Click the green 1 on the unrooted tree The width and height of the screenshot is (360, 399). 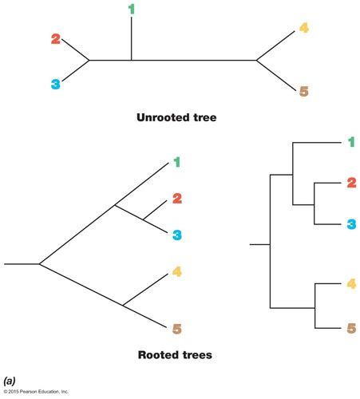coord(132,9)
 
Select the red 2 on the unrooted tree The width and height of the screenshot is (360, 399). coord(55,39)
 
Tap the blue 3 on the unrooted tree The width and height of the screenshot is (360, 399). coord(55,83)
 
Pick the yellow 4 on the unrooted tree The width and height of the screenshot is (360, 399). coord(303,30)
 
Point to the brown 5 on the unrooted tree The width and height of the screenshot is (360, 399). coord(303,91)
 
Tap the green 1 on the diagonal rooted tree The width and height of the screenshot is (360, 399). coord(177,162)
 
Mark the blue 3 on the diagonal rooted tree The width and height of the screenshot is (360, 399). coord(177,235)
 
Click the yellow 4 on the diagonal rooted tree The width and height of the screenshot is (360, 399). coord(177,272)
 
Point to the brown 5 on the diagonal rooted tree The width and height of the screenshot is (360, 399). coord(177,326)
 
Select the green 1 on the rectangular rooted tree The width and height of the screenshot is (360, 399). coord(351,143)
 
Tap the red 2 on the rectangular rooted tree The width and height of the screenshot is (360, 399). coord(351,183)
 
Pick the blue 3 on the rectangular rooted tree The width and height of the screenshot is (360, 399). coord(351,223)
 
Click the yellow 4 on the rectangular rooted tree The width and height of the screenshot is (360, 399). coord(351,282)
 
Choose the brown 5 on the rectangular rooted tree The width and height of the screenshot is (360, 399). coord(351,326)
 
